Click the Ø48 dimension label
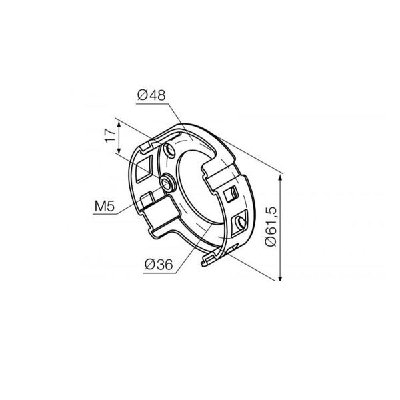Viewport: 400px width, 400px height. (x=151, y=95)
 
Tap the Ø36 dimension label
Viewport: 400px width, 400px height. (x=159, y=264)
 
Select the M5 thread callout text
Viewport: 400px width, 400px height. (x=105, y=206)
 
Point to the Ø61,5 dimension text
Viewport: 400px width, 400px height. (x=271, y=227)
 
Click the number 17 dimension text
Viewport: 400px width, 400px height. (x=110, y=135)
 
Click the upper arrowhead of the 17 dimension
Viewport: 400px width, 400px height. (x=119, y=124)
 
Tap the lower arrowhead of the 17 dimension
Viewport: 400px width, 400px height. (x=119, y=151)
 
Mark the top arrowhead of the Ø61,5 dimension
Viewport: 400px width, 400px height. (x=281, y=177)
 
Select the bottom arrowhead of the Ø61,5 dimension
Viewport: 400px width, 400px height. (x=281, y=278)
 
